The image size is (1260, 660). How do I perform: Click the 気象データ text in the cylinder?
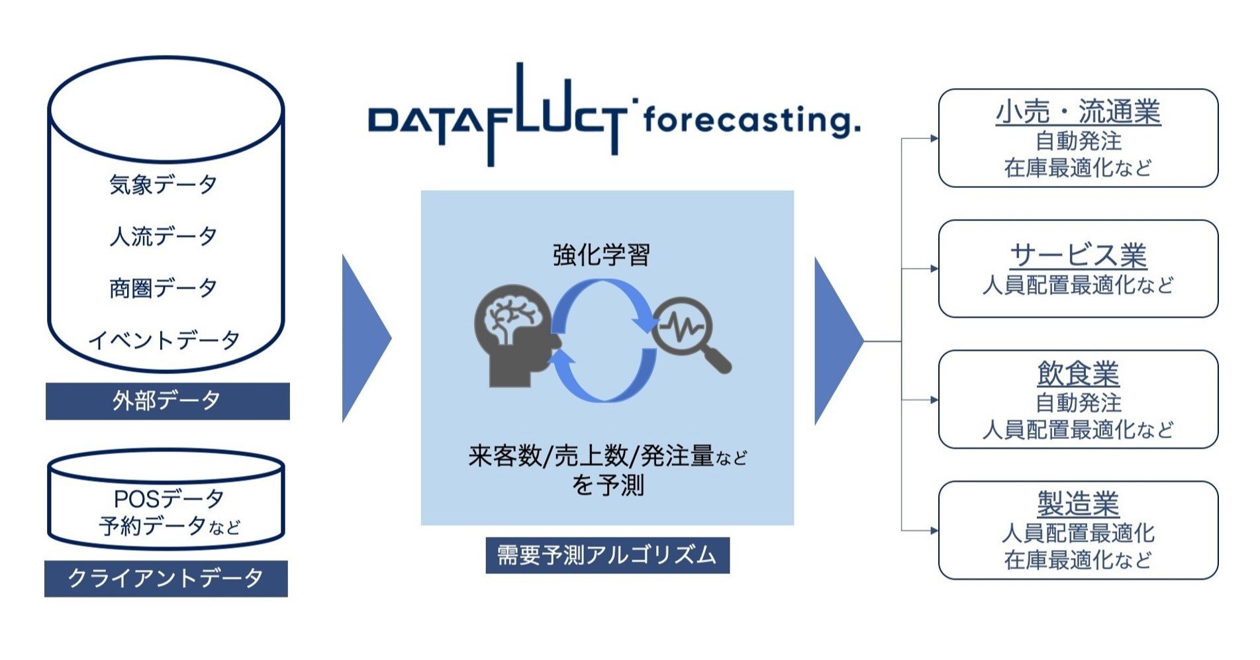(164, 185)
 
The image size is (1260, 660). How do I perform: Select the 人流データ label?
(164, 236)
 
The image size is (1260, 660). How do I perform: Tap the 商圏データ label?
(164, 289)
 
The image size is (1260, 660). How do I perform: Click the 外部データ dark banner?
(167, 401)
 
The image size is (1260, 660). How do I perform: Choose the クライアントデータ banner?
(166, 579)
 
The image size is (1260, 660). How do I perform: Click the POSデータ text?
(169, 498)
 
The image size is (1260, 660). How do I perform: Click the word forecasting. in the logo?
(751, 121)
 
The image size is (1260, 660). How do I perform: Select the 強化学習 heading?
(601, 255)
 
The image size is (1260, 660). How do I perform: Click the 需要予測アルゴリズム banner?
(607, 555)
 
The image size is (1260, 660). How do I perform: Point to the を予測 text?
(607, 485)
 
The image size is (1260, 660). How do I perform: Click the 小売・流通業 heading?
(1078, 112)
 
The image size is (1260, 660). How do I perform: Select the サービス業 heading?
(1078, 256)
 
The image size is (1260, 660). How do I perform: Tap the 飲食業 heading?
(1078, 374)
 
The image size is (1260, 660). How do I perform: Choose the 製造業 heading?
(1078, 504)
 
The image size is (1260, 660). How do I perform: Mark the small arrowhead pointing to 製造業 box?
(934, 530)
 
